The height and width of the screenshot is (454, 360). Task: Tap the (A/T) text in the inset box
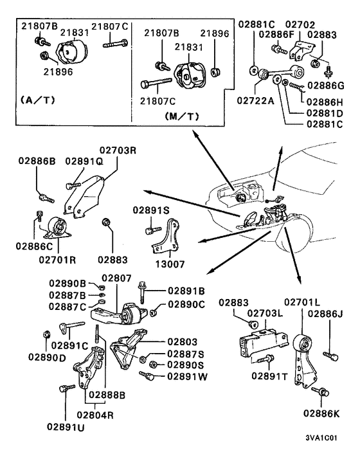(40, 101)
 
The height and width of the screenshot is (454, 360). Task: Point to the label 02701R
(58, 260)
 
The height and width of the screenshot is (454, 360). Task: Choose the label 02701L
(301, 302)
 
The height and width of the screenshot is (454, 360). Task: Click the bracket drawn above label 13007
(168, 236)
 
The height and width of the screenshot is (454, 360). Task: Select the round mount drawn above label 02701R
(57, 228)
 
